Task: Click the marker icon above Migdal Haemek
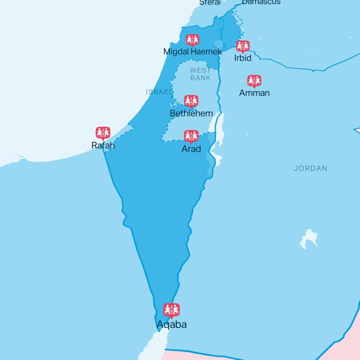(x=193, y=40)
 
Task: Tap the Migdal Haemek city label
(x=193, y=52)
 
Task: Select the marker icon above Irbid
(x=243, y=46)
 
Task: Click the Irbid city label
(x=243, y=58)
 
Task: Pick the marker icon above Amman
(x=255, y=81)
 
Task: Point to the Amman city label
(x=255, y=93)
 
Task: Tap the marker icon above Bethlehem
(x=191, y=101)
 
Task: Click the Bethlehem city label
(x=191, y=113)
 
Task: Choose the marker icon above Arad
(x=191, y=136)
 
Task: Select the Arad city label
(x=191, y=148)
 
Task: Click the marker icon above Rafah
(x=103, y=133)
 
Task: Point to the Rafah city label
(x=103, y=146)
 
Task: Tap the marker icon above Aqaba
(x=171, y=310)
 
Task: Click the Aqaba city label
(x=171, y=324)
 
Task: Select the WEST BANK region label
(x=200, y=74)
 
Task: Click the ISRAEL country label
(x=159, y=92)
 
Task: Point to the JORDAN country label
(x=310, y=169)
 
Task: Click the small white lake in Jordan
(x=309, y=237)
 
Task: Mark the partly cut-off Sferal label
(x=210, y=2)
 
